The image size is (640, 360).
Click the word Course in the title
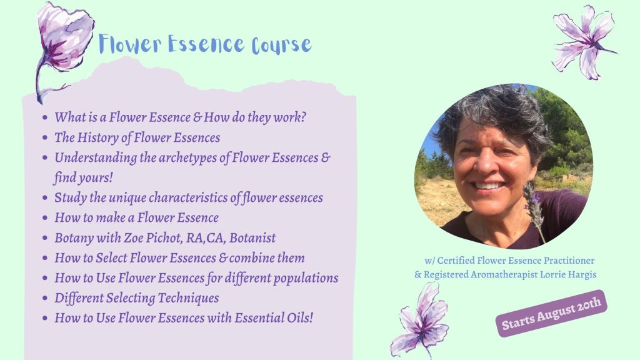tap(282, 45)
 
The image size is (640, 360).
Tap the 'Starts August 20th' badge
tap(551, 313)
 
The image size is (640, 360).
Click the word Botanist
tap(252, 237)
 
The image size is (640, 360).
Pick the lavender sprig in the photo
tap(534, 208)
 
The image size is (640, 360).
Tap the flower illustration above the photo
tap(584, 42)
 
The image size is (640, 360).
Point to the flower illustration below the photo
tap(420, 321)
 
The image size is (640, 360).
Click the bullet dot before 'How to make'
tap(45, 218)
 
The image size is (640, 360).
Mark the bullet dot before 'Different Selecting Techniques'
tap(45, 298)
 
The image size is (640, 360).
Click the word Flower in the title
tap(130, 44)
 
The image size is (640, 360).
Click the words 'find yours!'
tap(83, 178)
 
